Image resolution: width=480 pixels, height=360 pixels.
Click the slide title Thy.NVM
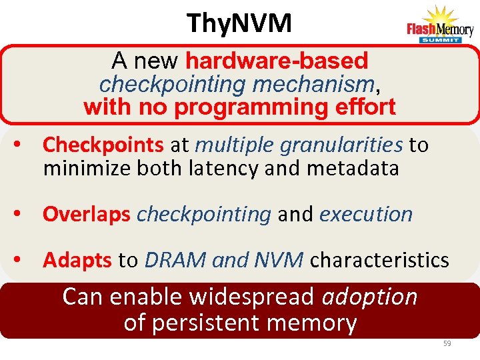[239, 23]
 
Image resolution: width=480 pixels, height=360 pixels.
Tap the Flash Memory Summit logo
[440, 25]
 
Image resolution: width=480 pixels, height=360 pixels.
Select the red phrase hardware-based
[277, 61]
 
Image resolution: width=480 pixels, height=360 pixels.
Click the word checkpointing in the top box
[169, 84]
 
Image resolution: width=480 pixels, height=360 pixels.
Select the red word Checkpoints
[103, 145]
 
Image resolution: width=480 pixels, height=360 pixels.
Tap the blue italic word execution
[366, 214]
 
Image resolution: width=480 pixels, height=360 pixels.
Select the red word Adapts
[77, 260]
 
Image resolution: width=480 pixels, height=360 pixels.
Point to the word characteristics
[379, 260]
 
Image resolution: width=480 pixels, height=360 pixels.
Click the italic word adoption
[369, 297]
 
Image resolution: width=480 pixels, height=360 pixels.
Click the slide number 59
[447, 343]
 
